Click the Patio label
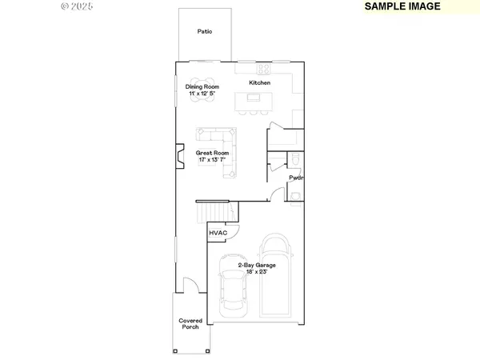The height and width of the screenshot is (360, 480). (205, 32)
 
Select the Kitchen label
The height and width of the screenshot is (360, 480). (260, 83)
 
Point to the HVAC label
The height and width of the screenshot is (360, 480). (218, 233)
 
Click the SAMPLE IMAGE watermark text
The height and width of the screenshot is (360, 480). (403, 6)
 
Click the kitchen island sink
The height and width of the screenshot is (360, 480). (254, 98)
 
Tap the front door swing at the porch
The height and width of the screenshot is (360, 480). (190, 284)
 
